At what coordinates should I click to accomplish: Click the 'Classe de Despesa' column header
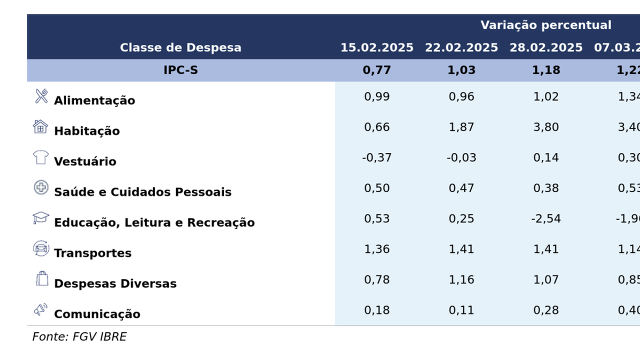(x=180, y=47)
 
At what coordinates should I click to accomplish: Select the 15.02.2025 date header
(x=377, y=47)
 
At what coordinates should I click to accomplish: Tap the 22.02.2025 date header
(x=461, y=47)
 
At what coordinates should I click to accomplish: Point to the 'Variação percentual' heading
(x=546, y=25)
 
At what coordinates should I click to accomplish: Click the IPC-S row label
(x=180, y=70)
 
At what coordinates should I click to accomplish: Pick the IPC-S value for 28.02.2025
(x=546, y=70)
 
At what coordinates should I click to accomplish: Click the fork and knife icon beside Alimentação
(x=41, y=96)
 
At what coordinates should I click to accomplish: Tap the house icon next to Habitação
(x=40, y=126)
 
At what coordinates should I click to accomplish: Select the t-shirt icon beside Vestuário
(x=41, y=157)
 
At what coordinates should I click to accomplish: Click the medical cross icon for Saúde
(x=41, y=187)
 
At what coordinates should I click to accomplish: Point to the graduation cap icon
(x=41, y=218)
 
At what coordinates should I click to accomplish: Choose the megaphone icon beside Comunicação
(x=41, y=309)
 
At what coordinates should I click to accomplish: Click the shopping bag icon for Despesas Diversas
(x=42, y=278)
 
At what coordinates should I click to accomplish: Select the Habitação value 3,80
(x=546, y=127)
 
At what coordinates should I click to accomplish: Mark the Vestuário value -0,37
(x=377, y=157)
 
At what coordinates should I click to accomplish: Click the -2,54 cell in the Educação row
(x=546, y=218)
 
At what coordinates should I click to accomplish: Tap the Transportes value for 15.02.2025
(x=377, y=249)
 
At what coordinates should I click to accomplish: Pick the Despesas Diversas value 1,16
(x=461, y=279)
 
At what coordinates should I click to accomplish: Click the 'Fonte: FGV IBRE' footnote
(x=79, y=336)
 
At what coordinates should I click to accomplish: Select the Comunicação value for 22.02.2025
(x=461, y=310)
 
